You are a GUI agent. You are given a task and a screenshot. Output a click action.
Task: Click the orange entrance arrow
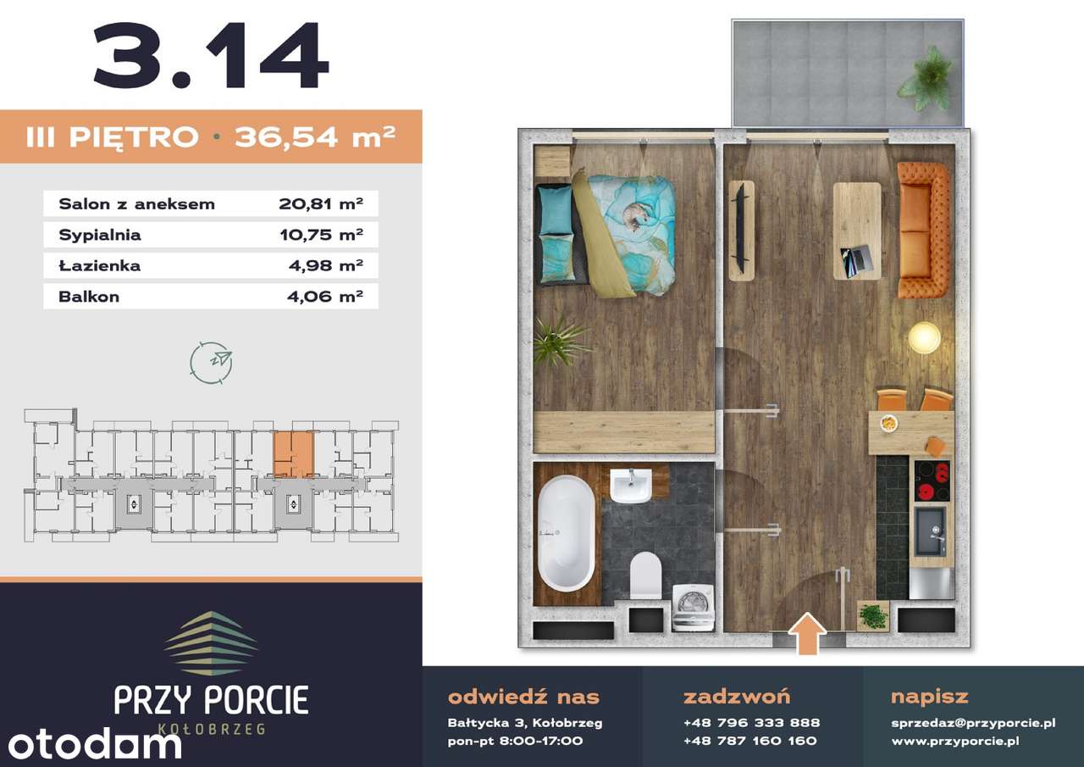[807, 633]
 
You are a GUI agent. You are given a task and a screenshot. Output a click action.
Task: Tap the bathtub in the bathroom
[567, 533]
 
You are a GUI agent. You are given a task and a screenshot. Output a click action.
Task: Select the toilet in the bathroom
[646, 575]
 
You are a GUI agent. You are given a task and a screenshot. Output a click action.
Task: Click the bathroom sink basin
[631, 486]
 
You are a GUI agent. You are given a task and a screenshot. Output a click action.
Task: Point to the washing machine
[694, 607]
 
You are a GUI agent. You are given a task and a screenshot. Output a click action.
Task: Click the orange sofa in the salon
[923, 230]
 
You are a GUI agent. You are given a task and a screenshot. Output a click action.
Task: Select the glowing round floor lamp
[924, 337]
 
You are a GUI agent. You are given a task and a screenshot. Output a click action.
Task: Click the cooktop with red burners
[932, 481]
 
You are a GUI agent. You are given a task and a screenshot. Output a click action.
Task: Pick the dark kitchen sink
[930, 532]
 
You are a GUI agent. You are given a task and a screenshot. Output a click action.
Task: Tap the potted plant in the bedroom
[561, 342]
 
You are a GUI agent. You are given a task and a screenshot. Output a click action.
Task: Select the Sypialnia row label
[100, 235]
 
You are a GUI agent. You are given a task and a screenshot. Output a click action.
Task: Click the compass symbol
[212, 363]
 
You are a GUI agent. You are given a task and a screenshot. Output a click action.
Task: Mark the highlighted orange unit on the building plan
[293, 454]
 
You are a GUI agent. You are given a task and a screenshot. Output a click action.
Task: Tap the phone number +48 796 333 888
[751, 723]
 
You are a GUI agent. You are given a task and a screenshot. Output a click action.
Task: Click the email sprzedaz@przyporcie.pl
[973, 724]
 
